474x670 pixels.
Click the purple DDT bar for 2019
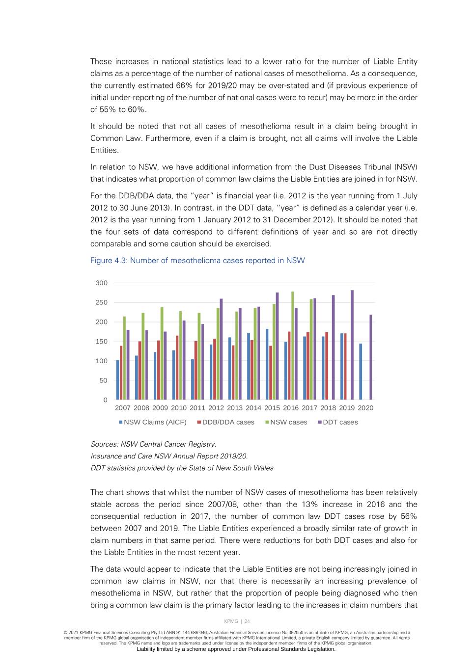pyautogui.click(x=352, y=345)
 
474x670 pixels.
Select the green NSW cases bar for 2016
pyautogui.click(x=293, y=346)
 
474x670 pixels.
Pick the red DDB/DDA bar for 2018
pyautogui.click(x=327, y=366)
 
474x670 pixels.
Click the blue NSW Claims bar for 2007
pyautogui.click(x=117, y=380)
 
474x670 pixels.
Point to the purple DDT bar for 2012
pyautogui.click(x=221, y=349)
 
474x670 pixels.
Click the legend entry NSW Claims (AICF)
pyautogui.click(x=152, y=422)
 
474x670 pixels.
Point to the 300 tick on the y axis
pyautogui.click(x=102, y=283)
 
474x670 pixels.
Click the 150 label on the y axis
pyautogui.click(x=102, y=341)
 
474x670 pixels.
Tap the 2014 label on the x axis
pyautogui.click(x=253, y=408)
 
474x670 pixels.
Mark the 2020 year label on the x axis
pyautogui.click(x=365, y=408)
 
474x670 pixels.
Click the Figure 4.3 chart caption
pyautogui.click(x=197, y=261)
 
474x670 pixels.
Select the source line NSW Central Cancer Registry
pyautogui.click(x=153, y=444)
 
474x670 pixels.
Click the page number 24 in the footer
pyautogui.click(x=247, y=621)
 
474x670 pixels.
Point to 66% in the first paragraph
pyautogui.click(x=184, y=86)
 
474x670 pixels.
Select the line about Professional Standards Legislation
pyautogui.click(x=236, y=649)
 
